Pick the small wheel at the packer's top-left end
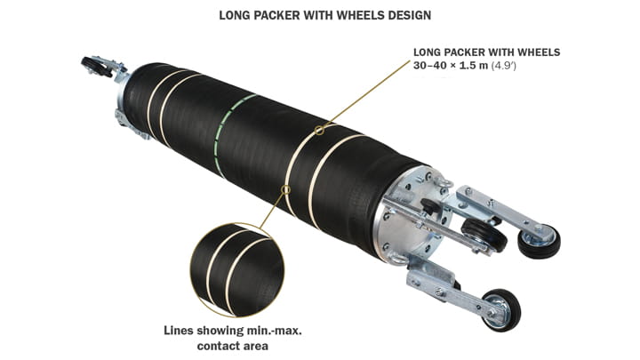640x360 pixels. pos(92,67)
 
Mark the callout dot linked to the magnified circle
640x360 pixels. pos(286,188)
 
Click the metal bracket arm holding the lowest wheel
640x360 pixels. pos(444,285)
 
